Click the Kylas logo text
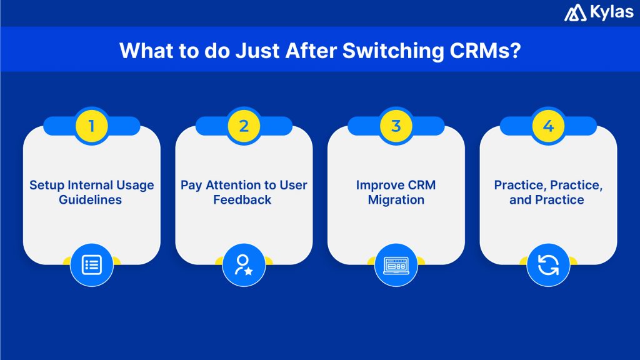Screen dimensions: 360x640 pos(611,12)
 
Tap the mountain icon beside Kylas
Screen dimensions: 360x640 pos(576,13)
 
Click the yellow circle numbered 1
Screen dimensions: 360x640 pos(92,126)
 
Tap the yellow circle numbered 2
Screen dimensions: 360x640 pos(244,126)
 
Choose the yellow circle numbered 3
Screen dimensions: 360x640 pos(396,126)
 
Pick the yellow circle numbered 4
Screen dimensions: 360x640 pos(548,126)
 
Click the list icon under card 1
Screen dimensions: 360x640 pos(92,264)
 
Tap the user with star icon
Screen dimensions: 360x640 pos(244,264)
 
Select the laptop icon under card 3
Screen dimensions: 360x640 pos(396,264)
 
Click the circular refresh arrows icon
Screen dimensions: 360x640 pos(548,264)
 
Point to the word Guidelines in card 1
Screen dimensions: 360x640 pos(91,200)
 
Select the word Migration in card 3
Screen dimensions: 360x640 pos(396,200)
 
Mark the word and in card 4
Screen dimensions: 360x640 pos(519,200)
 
